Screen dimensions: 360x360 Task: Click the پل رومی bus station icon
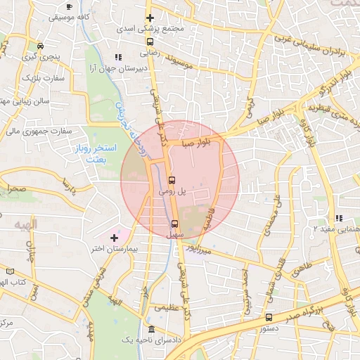pos(172,180)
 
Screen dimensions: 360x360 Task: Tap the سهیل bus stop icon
pos(174,224)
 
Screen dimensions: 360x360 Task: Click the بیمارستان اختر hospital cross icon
pos(114,238)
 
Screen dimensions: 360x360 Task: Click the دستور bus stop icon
pos(269,317)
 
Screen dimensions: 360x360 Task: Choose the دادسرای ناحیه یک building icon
pos(152,330)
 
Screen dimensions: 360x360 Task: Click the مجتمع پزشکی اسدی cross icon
pos(150,18)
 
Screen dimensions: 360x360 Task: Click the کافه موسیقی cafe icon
pos(68,6)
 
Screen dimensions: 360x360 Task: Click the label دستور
pos(268,328)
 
